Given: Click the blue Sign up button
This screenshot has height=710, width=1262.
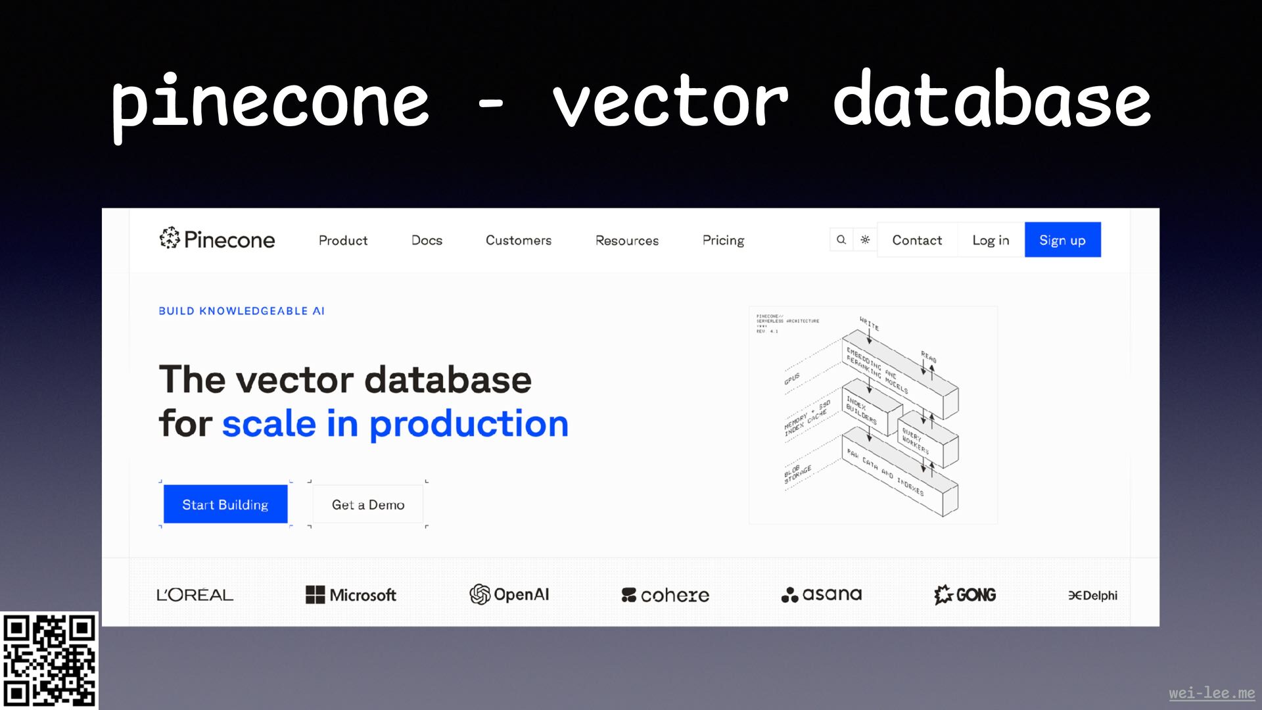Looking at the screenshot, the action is pyautogui.click(x=1062, y=240).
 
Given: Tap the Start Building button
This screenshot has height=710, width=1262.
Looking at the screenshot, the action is pyautogui.click(x=225, y=504).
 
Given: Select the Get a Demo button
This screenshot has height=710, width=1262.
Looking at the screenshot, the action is pyautogui.click(x=368, y=504).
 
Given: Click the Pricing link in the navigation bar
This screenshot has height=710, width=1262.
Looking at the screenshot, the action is pyautogui.click(x=723, y=240).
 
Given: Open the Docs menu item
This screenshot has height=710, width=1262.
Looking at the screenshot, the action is pyautogui.click(x=427, y=240).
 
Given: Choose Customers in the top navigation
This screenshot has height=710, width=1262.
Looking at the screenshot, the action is pyautogui.click(x=519, y=240).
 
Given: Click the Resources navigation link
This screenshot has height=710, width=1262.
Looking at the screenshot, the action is pyautogui.click(x=627, y=240).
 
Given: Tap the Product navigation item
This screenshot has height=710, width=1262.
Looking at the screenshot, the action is pyautogui.click(x=343, y=240).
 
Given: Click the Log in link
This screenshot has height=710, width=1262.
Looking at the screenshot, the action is pyautogui.click(x=991, y=240).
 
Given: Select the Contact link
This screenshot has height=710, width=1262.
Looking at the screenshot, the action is pyautogui.click(x=917, y=240).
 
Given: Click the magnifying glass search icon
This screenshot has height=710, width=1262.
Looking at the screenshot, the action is pyautogui.click(x=841, y=240).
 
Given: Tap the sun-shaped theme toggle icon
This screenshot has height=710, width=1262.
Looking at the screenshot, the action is pyautogui.click(x=865, y=240).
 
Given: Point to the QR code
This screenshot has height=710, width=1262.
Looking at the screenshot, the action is pyautogui.click(x=49, y=660).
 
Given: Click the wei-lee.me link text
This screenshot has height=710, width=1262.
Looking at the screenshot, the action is pyautogui.click(x=1211, y=693).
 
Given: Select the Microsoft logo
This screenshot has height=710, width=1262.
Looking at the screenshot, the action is pyautogui.click(x=351, y=595).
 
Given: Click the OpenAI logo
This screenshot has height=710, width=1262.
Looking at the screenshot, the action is pyautogui.click(x=509, y=594).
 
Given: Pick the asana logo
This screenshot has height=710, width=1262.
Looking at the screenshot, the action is pyautogui.click(x=822, y=594).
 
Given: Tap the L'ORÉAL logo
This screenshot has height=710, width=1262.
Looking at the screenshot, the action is pyautogui.click(x=195, y=595).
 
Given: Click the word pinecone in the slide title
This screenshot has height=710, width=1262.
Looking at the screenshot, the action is pyautogui.click(x=270, y=102).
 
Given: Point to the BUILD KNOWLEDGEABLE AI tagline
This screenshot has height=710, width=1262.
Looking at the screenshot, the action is pyautogui.click(x=241, y=311).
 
